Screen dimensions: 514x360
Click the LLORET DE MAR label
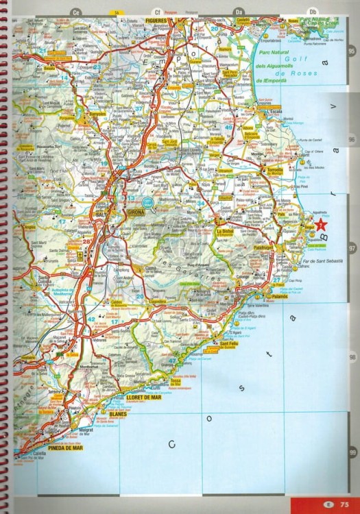click(x=143, y=397)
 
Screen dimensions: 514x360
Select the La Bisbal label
click(x=226, y=232)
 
